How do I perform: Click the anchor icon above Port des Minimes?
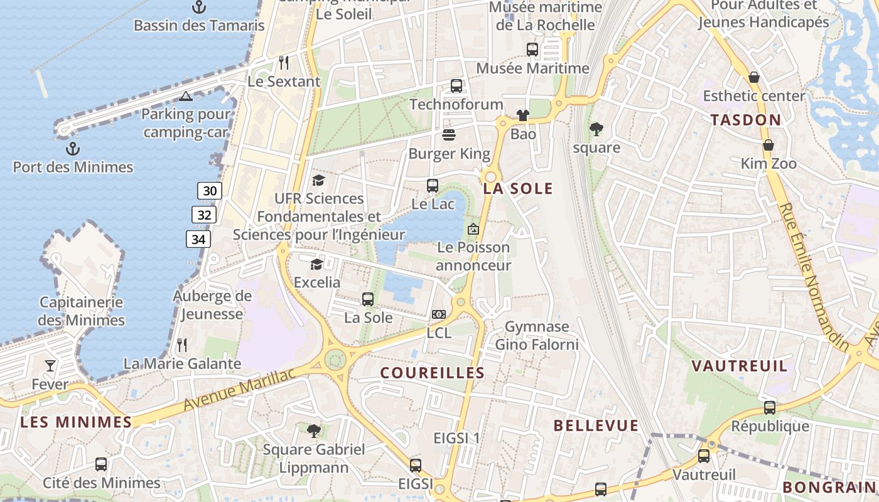(73, 149)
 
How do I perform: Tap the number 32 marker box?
(204, 215)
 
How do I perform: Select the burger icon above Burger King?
(449, 134)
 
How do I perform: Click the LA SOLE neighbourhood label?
(518, 188)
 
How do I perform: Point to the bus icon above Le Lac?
(433, 185)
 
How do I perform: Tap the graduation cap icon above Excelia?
(316, 264)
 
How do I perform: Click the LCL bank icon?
(439, 314)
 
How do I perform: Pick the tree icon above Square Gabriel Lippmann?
(314, 430)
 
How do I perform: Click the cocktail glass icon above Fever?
(50, 365)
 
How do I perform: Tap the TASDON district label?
(746, 120)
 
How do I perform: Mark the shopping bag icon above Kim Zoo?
(768, 145)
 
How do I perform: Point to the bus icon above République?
(770, 407)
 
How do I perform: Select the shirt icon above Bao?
(523, 115)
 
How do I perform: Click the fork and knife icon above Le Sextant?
(284, 62)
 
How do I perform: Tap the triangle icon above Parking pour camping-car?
(185, 96)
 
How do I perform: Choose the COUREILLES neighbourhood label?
(433, 373)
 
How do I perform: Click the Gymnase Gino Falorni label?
(537, 336)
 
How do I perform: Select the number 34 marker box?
(198, 239)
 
